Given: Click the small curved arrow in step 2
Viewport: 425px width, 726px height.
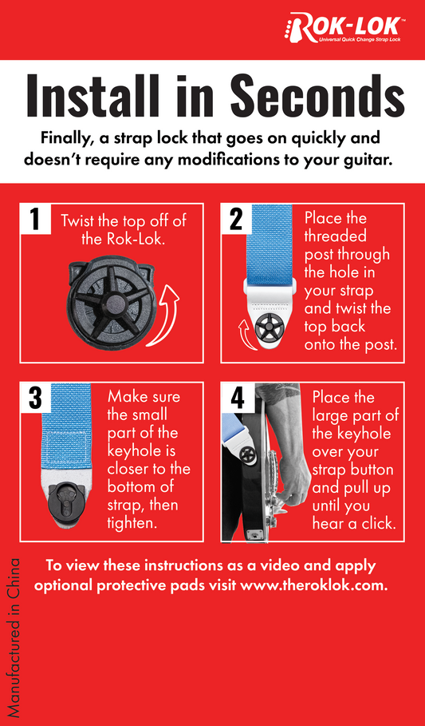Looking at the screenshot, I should (244, 331).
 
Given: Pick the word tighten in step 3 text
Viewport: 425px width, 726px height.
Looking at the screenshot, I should (132, 523).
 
